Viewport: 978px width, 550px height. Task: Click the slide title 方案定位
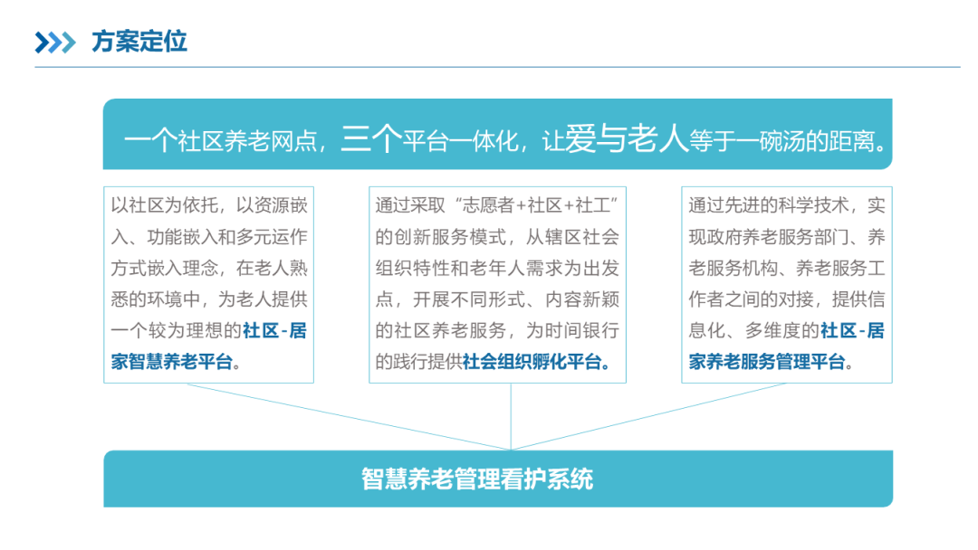(139, 42)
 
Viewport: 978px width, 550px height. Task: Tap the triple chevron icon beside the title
(55, 43)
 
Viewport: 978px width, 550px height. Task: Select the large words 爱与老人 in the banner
(627, 139)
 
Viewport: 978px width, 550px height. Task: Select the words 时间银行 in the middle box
(589, 330)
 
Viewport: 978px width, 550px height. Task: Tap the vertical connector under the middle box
(512, 416)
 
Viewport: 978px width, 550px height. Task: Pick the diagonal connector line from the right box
(652, 415)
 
